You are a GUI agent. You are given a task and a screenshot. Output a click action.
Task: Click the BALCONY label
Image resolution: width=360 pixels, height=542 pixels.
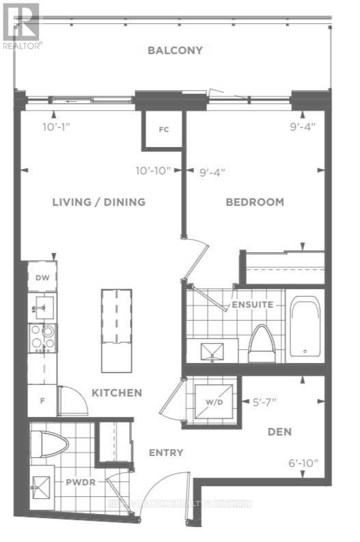click(x=174, y=50)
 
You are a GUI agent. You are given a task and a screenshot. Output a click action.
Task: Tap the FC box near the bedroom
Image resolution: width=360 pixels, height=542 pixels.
click(x=163, y=129)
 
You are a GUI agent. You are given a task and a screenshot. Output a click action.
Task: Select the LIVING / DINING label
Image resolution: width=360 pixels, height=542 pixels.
click(x=99, y=202)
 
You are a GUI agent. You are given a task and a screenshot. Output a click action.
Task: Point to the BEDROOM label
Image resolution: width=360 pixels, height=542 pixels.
click(x=255, y=202)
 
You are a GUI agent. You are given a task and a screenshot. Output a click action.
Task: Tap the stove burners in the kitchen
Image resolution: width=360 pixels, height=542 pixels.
click(x=42, y=338)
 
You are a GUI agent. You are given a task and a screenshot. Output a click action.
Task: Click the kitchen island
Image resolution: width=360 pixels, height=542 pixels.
click(x=117, y=329)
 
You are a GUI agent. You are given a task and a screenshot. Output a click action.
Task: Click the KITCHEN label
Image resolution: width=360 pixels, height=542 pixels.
click(x=117, y=392)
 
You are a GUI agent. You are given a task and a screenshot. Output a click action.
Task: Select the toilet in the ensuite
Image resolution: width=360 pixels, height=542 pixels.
click(x=260, y=344)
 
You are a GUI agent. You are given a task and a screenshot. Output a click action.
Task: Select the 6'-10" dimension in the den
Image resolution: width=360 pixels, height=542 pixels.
click(x=303, y=463)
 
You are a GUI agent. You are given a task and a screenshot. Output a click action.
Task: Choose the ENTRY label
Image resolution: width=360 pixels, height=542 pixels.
click(x=166, y=452)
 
